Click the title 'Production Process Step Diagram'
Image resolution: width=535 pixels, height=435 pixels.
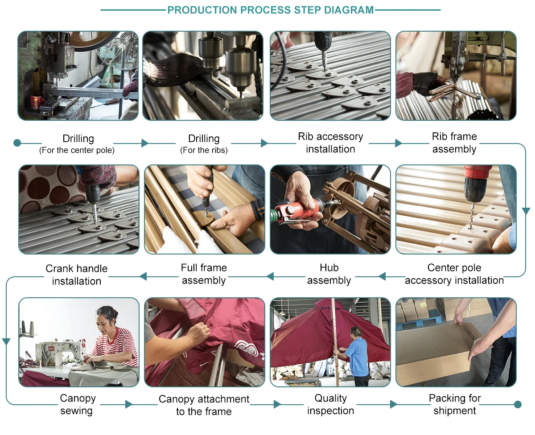pyautogui.click(x=271, y=10)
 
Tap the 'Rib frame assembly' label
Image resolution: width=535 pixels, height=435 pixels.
pyautogui.click(x=454, y=143)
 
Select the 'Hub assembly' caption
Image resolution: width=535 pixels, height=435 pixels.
pyautogui.click(x=329, y=274)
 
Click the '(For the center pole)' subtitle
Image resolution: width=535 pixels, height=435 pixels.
pyautogui.click(x=77, y=150)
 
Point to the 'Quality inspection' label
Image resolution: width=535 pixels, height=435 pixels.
pyautogui.click(x=330, y=404)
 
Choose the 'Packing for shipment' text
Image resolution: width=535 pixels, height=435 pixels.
pyautogui.click(x=455, y=404)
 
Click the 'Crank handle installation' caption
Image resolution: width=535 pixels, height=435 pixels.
pyautogui.click(x=77, y=275)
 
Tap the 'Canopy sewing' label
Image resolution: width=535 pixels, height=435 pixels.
pyautogui.click(x=78, y=404)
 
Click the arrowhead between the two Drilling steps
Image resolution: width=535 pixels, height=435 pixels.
pyautogui.click(x=145, y=143)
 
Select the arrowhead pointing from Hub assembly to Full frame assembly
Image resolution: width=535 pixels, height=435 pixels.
pyautogui.click(x=270, y=277)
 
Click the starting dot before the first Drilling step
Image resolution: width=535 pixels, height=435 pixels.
pyautogui.click(x=17, y=143)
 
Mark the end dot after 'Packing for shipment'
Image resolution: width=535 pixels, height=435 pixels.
pyautogui.click(x=518, y=404)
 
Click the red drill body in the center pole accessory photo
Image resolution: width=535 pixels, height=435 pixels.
pyautogui.click(x=477, y=173)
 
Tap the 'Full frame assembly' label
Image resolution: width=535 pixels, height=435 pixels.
pyautogui.click(x=204, y=274)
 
